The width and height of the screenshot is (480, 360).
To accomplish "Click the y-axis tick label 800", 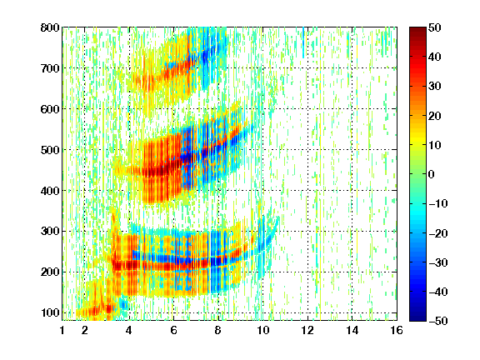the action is click(50, 27).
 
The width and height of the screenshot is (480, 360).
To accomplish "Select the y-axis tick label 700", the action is click(50, 68).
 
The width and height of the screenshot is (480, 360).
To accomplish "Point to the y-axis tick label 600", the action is click(50, 109).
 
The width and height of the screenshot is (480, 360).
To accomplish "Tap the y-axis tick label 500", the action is click(50, 150).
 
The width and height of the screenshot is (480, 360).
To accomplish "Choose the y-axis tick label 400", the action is click(50, 191).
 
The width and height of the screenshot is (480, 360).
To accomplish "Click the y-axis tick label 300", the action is click(50, 232).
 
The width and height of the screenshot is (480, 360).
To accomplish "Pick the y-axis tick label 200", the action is click(50, 272).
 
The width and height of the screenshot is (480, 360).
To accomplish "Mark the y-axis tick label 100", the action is click(50, 312).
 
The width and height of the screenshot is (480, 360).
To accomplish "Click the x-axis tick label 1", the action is click(62, 330).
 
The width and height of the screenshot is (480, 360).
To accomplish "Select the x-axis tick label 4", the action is click(129, 330).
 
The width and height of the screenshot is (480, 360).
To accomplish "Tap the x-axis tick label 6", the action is click(173, 330).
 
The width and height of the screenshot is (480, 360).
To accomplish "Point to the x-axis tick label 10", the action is click(262, 330).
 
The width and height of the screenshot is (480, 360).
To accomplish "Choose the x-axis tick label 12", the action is click(307, 330).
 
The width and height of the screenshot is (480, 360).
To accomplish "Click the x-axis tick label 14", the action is click(352, 330).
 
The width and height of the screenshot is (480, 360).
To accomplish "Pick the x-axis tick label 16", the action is click(397, 330).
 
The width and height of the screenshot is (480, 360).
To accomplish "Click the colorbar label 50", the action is click(435, 27).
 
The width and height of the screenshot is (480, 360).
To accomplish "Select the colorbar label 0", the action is click(432, 174).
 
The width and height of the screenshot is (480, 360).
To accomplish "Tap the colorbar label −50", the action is click(438, 321).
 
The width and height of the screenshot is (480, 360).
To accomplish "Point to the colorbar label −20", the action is click(438, 233).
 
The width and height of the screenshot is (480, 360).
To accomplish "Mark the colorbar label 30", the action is click(435, 87).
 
